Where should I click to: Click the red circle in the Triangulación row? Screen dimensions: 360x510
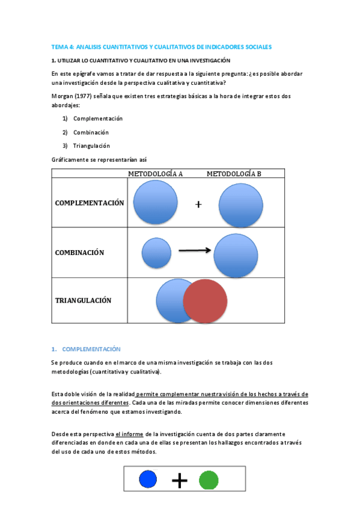pos(205,301)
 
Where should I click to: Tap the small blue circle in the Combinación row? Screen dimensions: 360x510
pos(156,253)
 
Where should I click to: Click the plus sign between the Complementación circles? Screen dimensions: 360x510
pos(198,204)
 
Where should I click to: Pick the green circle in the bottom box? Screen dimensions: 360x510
pos(209,480)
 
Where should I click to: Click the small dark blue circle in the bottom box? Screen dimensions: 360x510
pos(148,479)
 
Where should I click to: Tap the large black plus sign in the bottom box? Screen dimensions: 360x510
pos(179,480)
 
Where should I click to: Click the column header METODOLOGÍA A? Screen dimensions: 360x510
pos(155,174)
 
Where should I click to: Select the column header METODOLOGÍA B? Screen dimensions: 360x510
pos(234,174)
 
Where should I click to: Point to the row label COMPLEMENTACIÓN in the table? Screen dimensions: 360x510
pos(90,203)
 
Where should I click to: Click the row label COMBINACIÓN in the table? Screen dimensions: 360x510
pos(80,253)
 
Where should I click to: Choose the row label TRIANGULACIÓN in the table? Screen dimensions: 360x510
pos(84,301)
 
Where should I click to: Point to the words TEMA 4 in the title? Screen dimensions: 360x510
pos(62,47)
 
